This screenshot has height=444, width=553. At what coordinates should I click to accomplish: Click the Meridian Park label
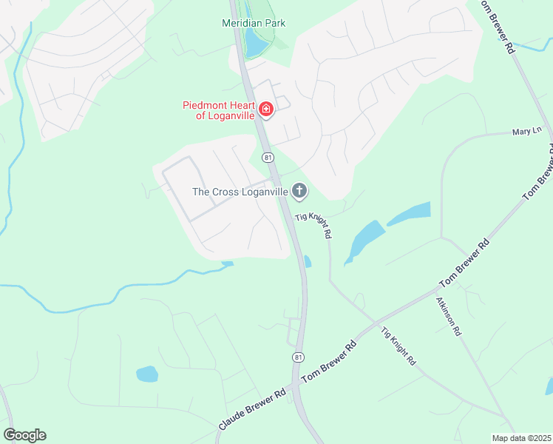coord(254,23)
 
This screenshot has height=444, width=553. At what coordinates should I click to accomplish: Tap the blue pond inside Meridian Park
coord(256,43)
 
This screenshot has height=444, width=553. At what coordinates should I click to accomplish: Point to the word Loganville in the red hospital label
coord(230,115)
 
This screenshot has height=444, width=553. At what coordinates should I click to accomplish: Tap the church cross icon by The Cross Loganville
coord(299,192)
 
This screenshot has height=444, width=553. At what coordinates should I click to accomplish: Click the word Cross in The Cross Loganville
coord(229,192)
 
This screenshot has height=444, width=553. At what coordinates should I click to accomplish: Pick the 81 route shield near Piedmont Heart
coord(268,157)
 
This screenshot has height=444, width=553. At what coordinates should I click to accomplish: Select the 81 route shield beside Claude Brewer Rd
coord(298,357)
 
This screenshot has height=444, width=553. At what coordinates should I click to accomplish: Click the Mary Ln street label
coord(523,132)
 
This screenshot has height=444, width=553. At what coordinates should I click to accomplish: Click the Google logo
coord(24,435)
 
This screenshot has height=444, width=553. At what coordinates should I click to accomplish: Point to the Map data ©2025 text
coord(520,438)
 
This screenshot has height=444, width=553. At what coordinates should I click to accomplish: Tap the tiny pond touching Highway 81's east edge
coord(308,261)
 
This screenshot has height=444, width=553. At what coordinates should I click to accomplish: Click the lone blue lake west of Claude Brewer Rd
coord(147,374)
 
